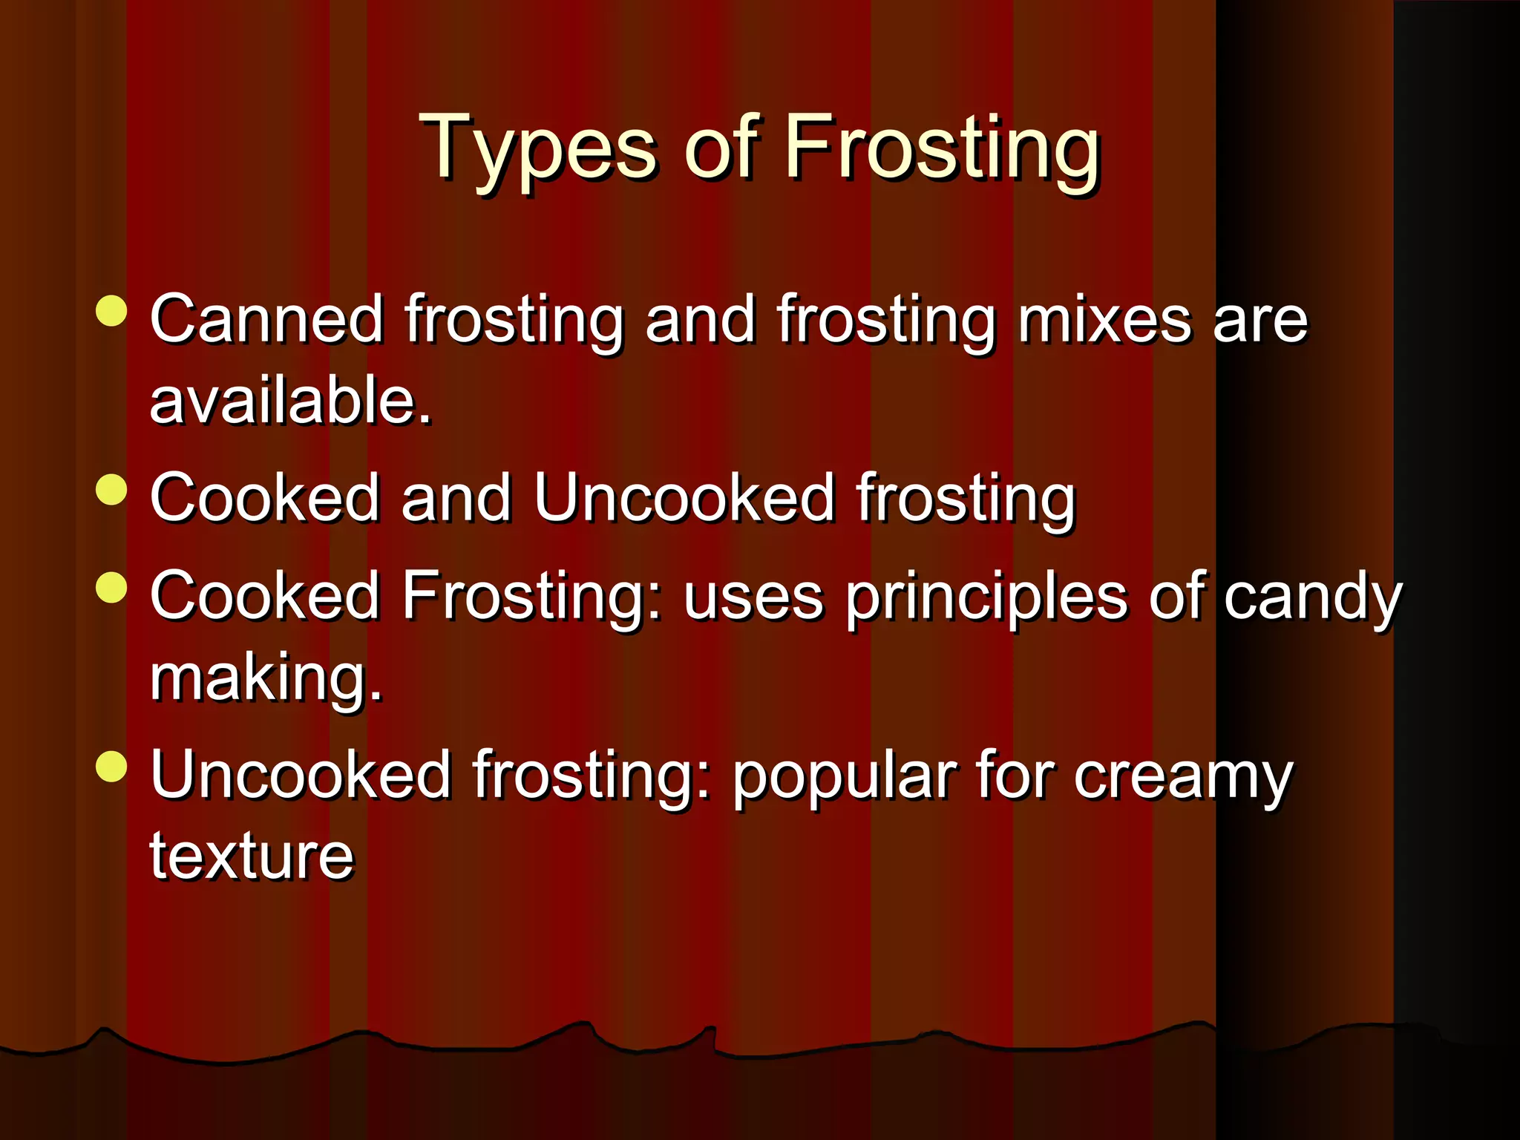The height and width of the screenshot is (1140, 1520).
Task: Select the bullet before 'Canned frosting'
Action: coord(112,311)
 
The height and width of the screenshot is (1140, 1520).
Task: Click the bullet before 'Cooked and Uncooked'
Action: coord(112,490)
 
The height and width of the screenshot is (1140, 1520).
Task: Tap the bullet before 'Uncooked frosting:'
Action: coord(112,767)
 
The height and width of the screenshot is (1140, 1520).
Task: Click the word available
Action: coord(289,401)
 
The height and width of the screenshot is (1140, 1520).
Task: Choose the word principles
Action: coord(986,598)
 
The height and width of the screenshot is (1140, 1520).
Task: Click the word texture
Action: coord(252,856)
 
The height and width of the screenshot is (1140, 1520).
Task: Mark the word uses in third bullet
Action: coord(753,598)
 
